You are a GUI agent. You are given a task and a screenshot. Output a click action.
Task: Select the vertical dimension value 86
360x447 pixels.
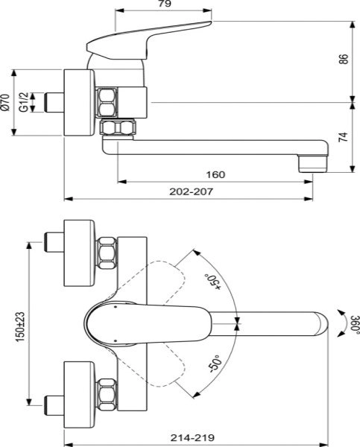(344, 59)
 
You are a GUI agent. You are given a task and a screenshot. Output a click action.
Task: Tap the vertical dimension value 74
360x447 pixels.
(344, 138)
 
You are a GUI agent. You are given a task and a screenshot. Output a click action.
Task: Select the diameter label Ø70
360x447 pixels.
(7, 102)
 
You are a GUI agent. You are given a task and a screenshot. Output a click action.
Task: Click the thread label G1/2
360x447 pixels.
(24, 102)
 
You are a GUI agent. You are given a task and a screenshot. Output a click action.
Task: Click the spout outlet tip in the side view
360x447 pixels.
(312, 162)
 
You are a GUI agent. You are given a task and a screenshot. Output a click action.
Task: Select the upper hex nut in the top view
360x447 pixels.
(107, 253)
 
